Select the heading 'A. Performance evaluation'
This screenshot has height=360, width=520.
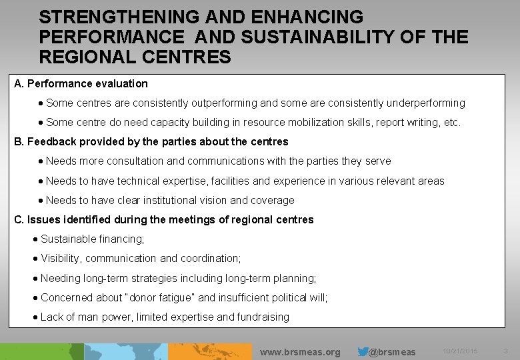[81, 84]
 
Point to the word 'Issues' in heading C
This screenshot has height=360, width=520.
[40, 219]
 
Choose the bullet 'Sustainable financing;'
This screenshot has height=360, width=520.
[92, 239]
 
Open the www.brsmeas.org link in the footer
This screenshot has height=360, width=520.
[300, 352]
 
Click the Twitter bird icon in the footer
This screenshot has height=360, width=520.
[363, 351]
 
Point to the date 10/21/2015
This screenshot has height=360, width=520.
[460, 351]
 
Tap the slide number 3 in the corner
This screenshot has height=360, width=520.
[505, 351]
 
